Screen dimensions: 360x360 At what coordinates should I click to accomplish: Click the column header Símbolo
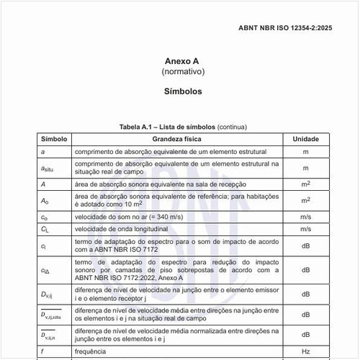pyautogui.click(x=54, y=138)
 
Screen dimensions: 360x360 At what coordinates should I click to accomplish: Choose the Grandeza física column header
pyautogui.click(x=177, y=138)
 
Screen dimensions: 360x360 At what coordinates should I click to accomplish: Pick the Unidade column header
pyautogui.click(x=305, y=138)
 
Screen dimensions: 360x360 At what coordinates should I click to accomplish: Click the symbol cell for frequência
pyautogui.click(x=43, y=353)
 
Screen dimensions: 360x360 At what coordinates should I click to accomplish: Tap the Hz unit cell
pyautogui.click(x=305, y=353)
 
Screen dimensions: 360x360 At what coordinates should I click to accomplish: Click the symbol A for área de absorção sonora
pyautogui.click(x=43, y=184)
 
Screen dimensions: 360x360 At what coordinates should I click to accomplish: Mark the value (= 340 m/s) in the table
pyautogui.click(x=166, y=217)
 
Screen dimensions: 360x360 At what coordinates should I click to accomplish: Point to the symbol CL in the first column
pyautogui.click(x=44, y=229)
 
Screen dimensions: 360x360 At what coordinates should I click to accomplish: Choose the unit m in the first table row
pyautogui.click(x=305, y=152)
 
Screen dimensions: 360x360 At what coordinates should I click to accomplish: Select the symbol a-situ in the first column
pyautogui.click(x=48, y=168)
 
